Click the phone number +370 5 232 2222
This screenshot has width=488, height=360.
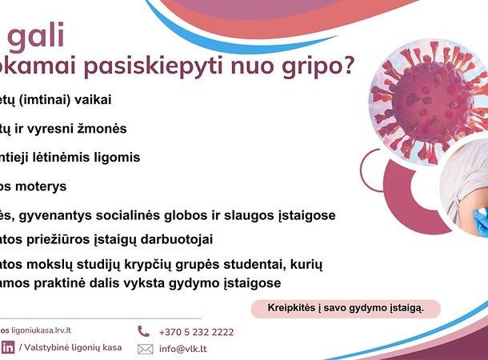tap(196, 331)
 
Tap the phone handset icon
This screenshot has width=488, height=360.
tap(144, 330)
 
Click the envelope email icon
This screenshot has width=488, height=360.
tap(145, 349)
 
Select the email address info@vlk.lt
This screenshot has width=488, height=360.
tap(183, 349)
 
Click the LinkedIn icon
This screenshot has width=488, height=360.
tap(8, 347)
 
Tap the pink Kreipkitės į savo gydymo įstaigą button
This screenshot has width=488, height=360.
tap(345, 308)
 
